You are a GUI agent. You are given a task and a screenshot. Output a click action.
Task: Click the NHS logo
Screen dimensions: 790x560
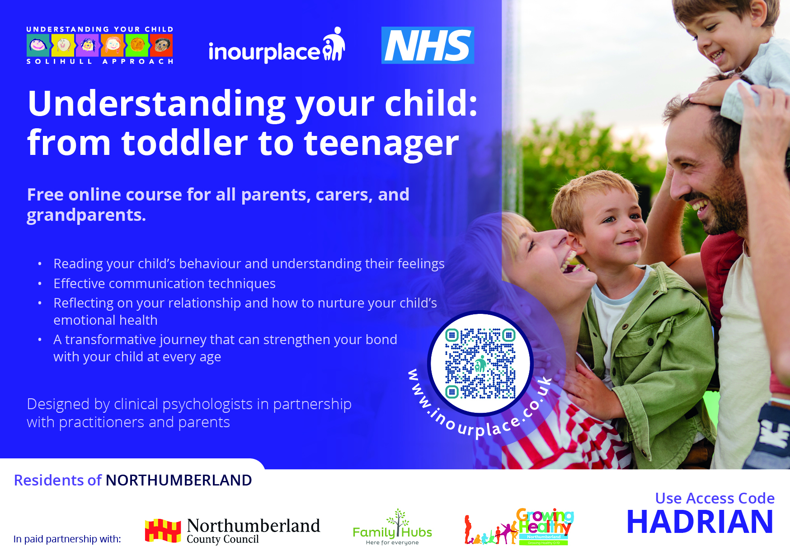tap(428, 45)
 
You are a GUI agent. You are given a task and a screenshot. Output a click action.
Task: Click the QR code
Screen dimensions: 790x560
tap(480, 363)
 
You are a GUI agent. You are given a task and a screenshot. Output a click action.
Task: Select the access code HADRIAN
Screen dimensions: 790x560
tap(700, 522)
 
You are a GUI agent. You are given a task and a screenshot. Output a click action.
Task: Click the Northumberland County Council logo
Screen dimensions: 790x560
tap(232, 531)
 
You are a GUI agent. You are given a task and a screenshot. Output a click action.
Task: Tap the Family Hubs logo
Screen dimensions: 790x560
tap(392, 527)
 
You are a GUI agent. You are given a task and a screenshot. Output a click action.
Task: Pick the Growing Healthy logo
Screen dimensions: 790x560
tap(519, 527)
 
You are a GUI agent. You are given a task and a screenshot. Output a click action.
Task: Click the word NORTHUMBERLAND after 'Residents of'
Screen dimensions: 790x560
tap(179, 480)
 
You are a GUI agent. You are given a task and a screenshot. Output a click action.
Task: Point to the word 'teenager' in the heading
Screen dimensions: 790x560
tap(381, 144)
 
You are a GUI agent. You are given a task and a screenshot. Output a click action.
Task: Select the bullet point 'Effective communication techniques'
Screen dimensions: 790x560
tap(165, 283)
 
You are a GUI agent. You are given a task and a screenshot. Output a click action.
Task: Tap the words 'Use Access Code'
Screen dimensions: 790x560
tap(715, 498)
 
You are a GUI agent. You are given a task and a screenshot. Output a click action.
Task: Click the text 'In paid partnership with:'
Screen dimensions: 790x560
tap(67, 539)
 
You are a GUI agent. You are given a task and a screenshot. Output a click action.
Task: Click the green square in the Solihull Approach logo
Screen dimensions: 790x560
tap(137, 45)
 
